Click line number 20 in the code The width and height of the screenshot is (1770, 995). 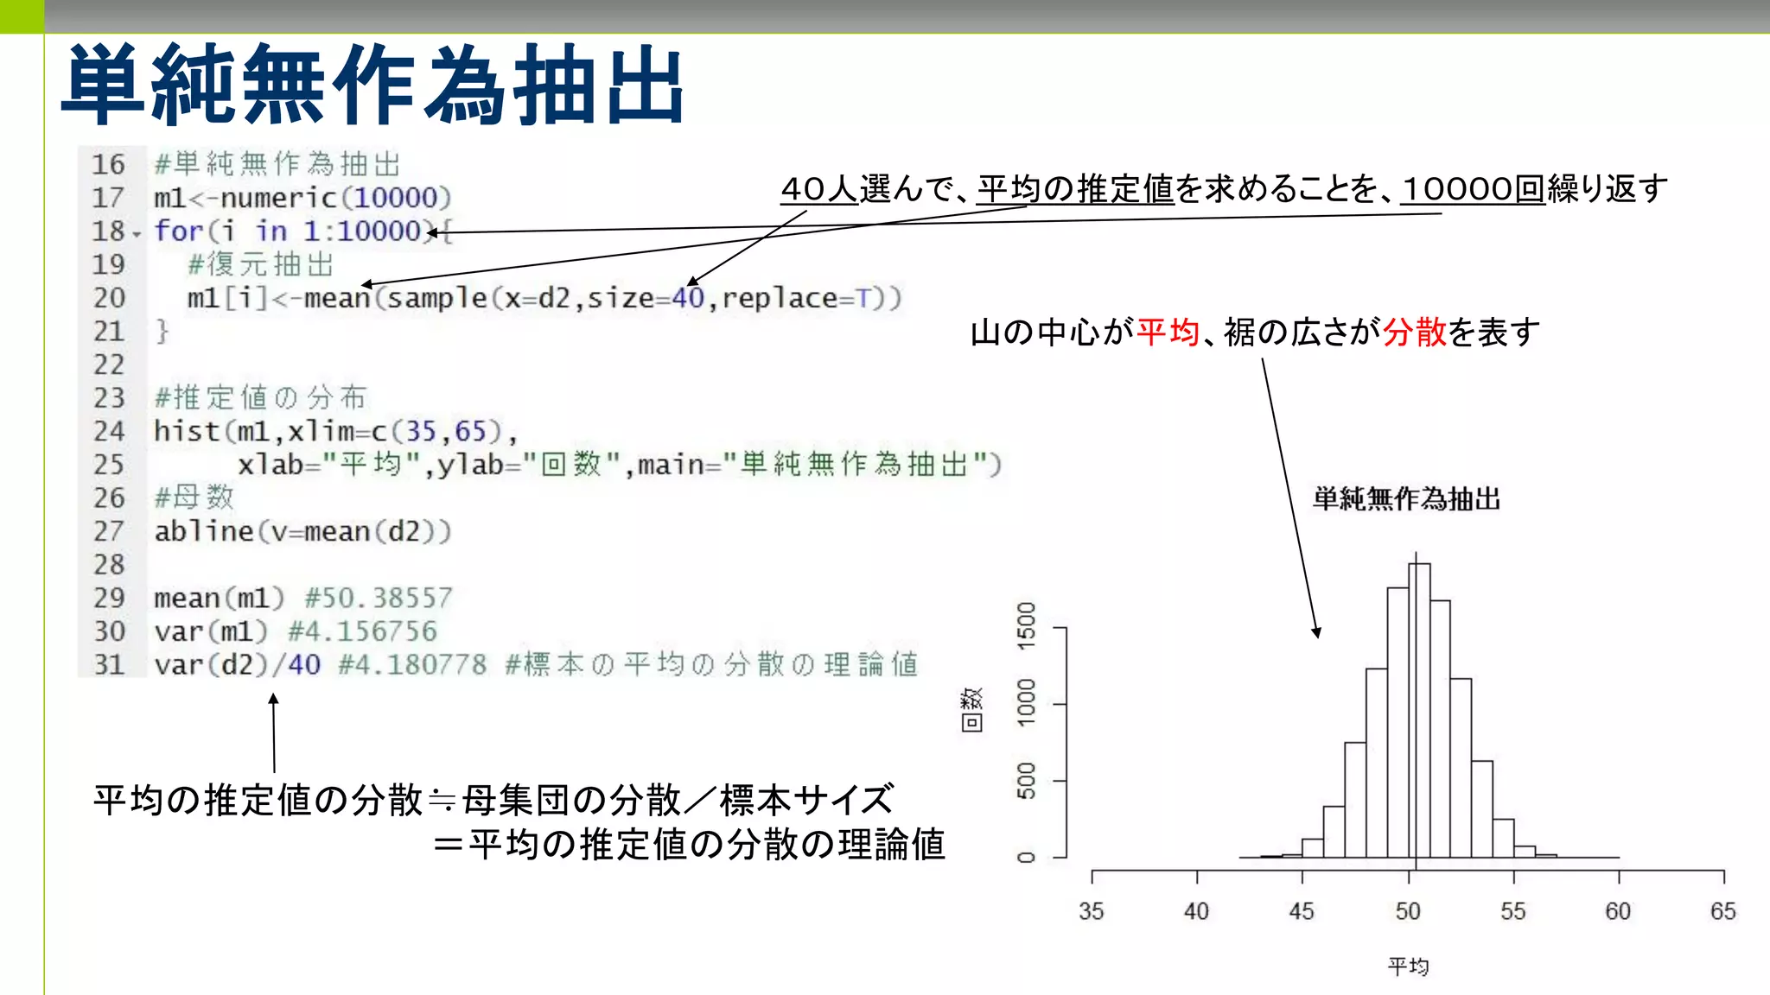pyautogui.click(x=109, y=298)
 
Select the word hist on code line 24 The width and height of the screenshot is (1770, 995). pyautogui.click(x=186, y=431)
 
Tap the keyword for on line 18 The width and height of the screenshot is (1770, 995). pyautogui.click(x=178, y=231)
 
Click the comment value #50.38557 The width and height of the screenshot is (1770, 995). pyautogui.click(x=379, y=598)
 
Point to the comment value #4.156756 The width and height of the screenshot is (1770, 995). pyautogui.click(x=363, y=631)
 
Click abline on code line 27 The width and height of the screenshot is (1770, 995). pyautogui.click(x=204, y=531)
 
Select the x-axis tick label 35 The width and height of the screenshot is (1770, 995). pyautogui.click(x=1092, y=911)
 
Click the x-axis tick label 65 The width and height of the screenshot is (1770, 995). pyautogui.click(x=1723, y=911)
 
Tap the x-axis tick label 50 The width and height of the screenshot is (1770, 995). pyautogui.click(x=1408, y=911)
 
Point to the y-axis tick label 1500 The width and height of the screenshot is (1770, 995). pyautogui.click(x=1026, y=626)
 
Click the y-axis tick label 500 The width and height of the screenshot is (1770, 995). pyautogui.click(x=1026, y=781)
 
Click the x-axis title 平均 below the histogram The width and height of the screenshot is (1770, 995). pyautogui.click(x=1408, y=966)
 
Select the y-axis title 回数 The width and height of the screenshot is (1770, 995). pyautogui.click(x=971, y=710)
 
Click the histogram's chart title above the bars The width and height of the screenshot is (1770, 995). pyautogui.click(x=1406, y=499)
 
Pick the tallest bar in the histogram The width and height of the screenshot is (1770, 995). pyautogui.click(x=1419, y=708)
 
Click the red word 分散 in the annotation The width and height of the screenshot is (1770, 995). pyautogui.click(x=1415, y=332)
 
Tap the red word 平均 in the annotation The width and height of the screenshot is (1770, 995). pyautogui.click(x=1168, y=332)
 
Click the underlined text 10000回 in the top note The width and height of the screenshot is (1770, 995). pyautogui.click(x=1473, y=189)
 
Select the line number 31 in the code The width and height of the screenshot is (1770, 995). pyautogui.click(x=109, y=665)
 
